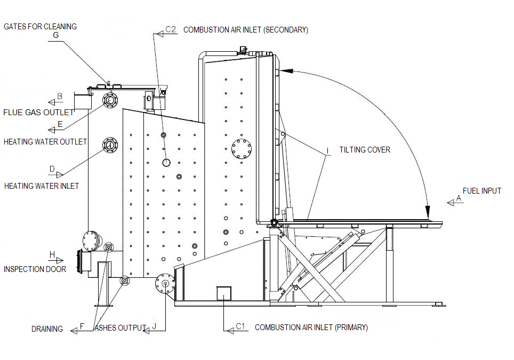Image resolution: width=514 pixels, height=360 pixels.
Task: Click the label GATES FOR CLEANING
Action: click(41, 26)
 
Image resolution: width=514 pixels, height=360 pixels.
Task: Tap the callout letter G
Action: click(56, 36)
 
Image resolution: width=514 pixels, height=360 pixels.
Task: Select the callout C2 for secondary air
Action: click(171, 30)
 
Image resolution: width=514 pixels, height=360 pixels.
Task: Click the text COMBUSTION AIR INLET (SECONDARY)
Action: click(245, 30)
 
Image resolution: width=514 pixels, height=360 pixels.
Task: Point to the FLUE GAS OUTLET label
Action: click(38, 113)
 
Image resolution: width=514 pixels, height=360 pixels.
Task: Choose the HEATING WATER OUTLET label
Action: click(45, 142)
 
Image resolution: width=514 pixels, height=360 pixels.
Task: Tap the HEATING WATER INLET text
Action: click(42, 186)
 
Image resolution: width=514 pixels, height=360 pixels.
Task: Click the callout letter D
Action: click(52, 170)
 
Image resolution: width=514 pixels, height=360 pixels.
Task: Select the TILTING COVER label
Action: click(365, 150)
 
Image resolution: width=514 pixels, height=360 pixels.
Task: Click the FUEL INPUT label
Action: click(482, 190)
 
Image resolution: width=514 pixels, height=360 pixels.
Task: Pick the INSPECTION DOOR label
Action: click(35, 269)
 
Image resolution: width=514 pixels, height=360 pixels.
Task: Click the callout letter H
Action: click(52, 254)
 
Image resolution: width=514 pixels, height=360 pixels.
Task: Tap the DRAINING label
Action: click(47, 329)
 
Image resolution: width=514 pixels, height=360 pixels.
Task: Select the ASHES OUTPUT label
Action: click(119, 328)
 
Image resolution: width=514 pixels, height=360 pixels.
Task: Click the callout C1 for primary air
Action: click(240, 326)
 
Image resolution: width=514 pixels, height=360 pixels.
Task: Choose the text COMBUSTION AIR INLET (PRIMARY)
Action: click(311, 327)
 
